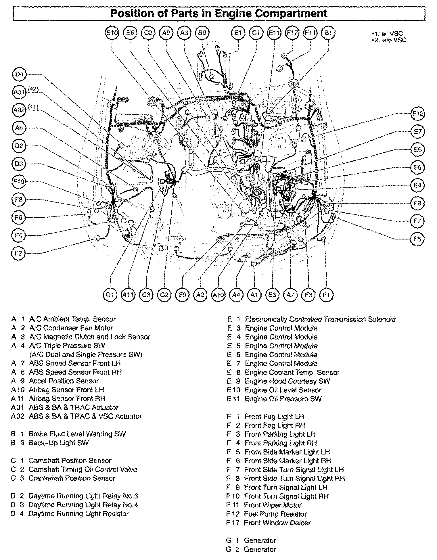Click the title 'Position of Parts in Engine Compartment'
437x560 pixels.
[x=219, y=14]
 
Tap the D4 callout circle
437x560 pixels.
[x=19, y=74]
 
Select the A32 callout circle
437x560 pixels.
[x=19, y=110]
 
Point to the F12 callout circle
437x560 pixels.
[x=418, y=114]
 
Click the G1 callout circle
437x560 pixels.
[x=110, y=295]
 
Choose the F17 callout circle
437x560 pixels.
[x=292, y=33]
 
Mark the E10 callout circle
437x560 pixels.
[x=112, y=33]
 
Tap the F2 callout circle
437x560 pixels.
[x=18, y=253]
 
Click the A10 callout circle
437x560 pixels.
[x=218, y=295]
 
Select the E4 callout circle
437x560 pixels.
[x=417, y=185]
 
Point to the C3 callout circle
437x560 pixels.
[x=146, y=295]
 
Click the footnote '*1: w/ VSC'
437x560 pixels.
[x=389, y=34]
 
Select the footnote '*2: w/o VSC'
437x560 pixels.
[x=389, y=40]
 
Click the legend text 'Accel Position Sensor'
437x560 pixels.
[x=64, y=381]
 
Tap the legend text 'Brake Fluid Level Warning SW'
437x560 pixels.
[x=77, y=434]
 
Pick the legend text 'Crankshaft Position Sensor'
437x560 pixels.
[x=72, y=478]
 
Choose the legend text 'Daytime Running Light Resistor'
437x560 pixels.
[x=78, y=513]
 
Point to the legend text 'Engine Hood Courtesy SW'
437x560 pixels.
[x=287, y=381]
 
